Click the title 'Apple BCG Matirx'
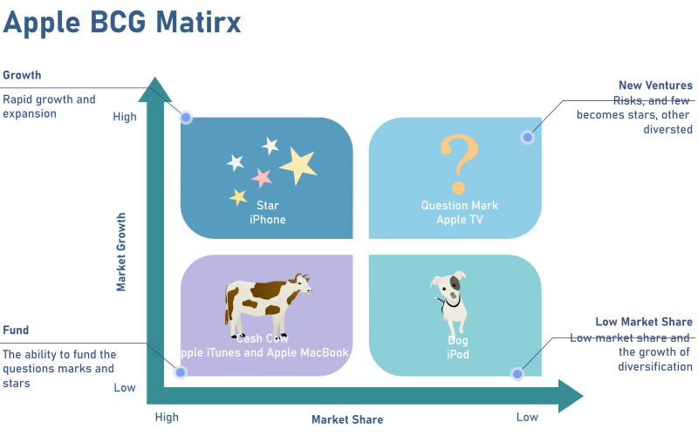[x=122, y=22]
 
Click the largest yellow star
[x=298, y=164]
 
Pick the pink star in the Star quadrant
[x=262, y=178]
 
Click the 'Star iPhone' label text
[x=267, y=213]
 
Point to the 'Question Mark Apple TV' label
[x=460, y=213]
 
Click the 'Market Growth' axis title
[x=121, y=252]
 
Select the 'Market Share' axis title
[x=347, y=419]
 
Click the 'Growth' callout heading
[x=22, y=76]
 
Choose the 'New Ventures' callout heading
[x=655, y=85]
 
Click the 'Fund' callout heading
[x=16, y=330]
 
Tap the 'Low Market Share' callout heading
[x=644, y=322]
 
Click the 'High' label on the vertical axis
[x=125, y=117]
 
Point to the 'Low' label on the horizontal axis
[x=527, y=417]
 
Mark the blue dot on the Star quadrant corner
[x=186, y=118]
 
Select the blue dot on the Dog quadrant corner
[x=517, y=374]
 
